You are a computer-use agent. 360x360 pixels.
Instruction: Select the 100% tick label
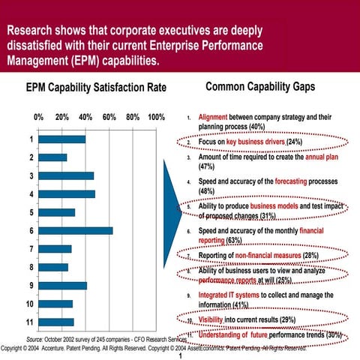tap(157, 118)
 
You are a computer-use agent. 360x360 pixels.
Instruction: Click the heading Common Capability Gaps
tap(259, 87)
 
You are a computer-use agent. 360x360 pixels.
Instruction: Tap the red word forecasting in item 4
tap(274, 181)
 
